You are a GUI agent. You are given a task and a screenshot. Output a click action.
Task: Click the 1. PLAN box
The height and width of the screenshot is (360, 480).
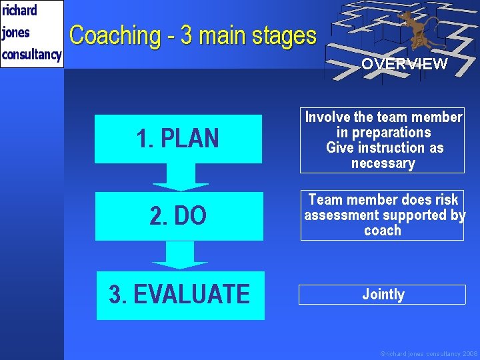pyautogui.click(x=177, y=139)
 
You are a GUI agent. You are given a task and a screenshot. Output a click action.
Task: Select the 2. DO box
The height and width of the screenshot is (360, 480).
pyautogui.click(x=179, y=216)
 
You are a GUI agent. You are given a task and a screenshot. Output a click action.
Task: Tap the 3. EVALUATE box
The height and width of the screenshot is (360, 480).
pyautogui.click(x=180, y=295)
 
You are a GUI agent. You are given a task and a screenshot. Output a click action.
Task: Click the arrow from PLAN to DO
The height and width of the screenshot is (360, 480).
pyautogui.click(x=180, y=177)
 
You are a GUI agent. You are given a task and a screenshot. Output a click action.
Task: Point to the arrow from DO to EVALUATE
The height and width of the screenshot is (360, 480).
pyautogui.click(x=180, y=255)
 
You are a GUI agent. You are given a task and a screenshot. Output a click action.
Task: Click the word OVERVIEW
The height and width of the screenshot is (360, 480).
pyautogui.click(x=404, y=65)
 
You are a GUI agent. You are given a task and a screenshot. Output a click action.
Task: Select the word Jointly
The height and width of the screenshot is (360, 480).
pyautogui.click(x=383, y=294)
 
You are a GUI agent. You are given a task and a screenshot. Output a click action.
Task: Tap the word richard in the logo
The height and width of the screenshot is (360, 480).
pyautogui.click(x=19, y=11)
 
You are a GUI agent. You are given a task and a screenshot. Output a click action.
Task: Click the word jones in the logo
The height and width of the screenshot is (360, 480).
pyautogui.click(x=16, y=32)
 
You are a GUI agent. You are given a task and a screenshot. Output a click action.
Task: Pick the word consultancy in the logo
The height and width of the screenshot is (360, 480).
pyautogui.click(x=31, y=54)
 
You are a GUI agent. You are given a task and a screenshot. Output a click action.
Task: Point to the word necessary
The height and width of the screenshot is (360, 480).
pyautogui.click(x=383, y=163)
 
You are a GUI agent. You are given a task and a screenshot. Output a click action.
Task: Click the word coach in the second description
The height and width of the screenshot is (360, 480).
pyautogui.click(x=383, y=231)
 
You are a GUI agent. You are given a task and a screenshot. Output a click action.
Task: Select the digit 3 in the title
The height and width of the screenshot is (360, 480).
pyautogui.click(x=187, y=35)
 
